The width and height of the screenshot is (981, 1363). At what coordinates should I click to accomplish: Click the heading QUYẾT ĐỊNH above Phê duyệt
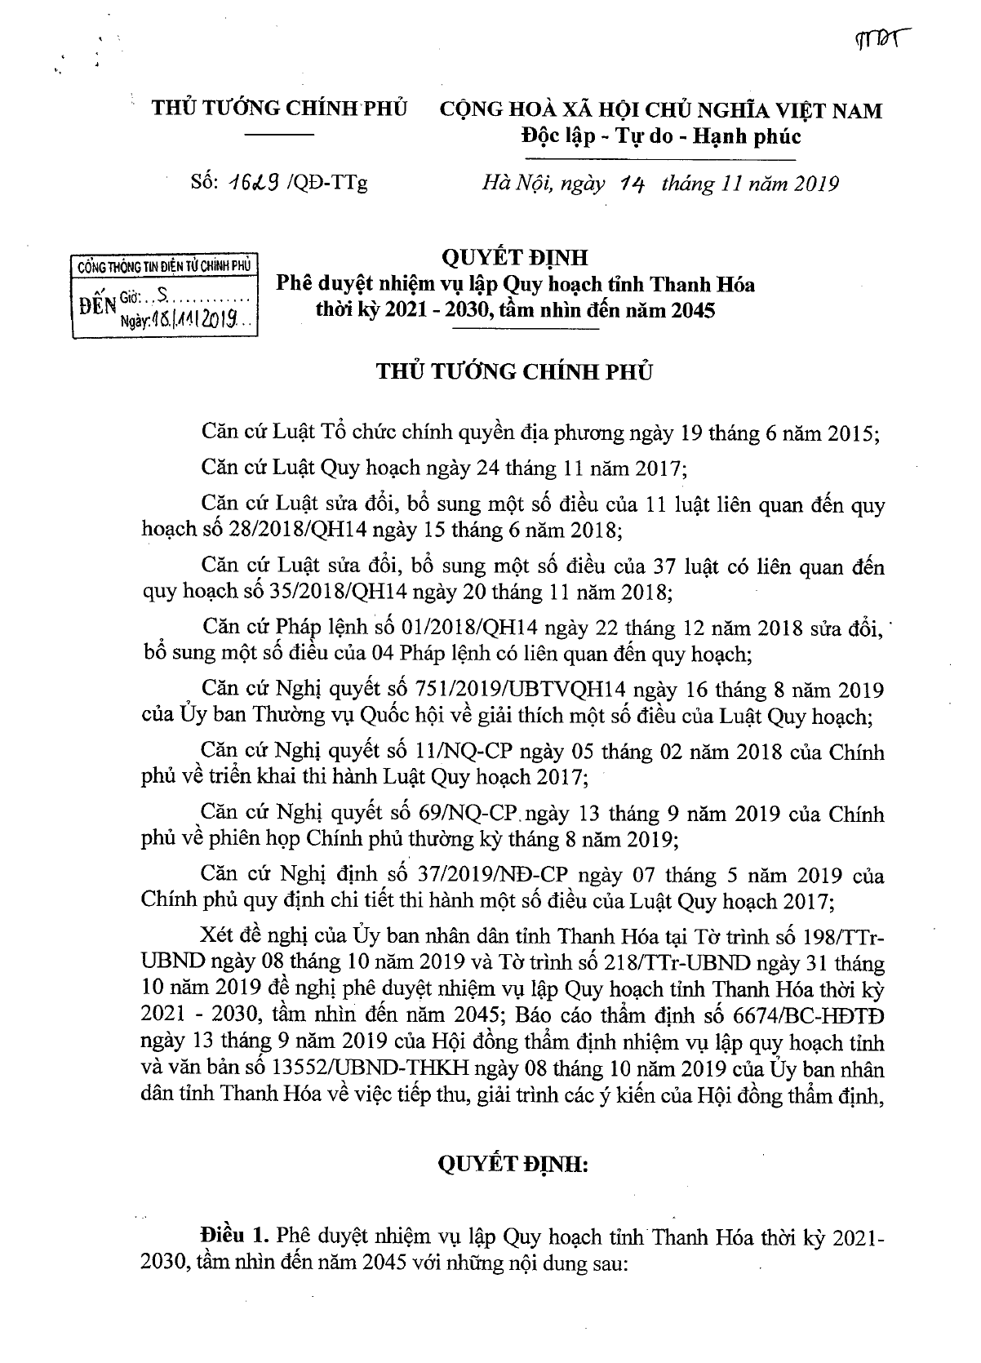coord(514,258)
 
